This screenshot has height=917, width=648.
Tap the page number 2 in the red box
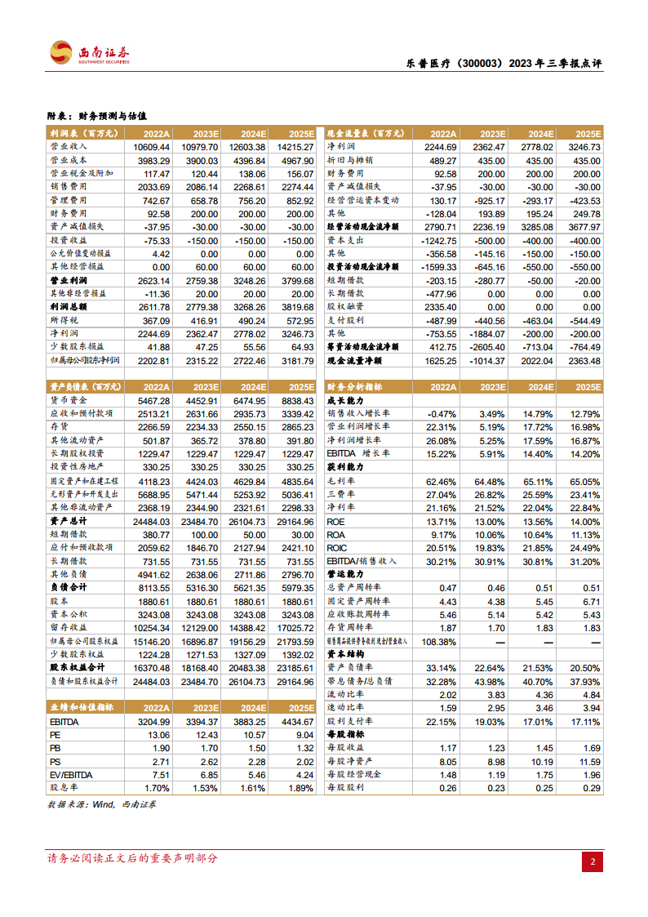(x=593, y=861)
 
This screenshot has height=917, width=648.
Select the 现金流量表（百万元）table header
(x=364, y=133)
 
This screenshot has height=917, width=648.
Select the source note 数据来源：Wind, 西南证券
(x=103, y=805)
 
